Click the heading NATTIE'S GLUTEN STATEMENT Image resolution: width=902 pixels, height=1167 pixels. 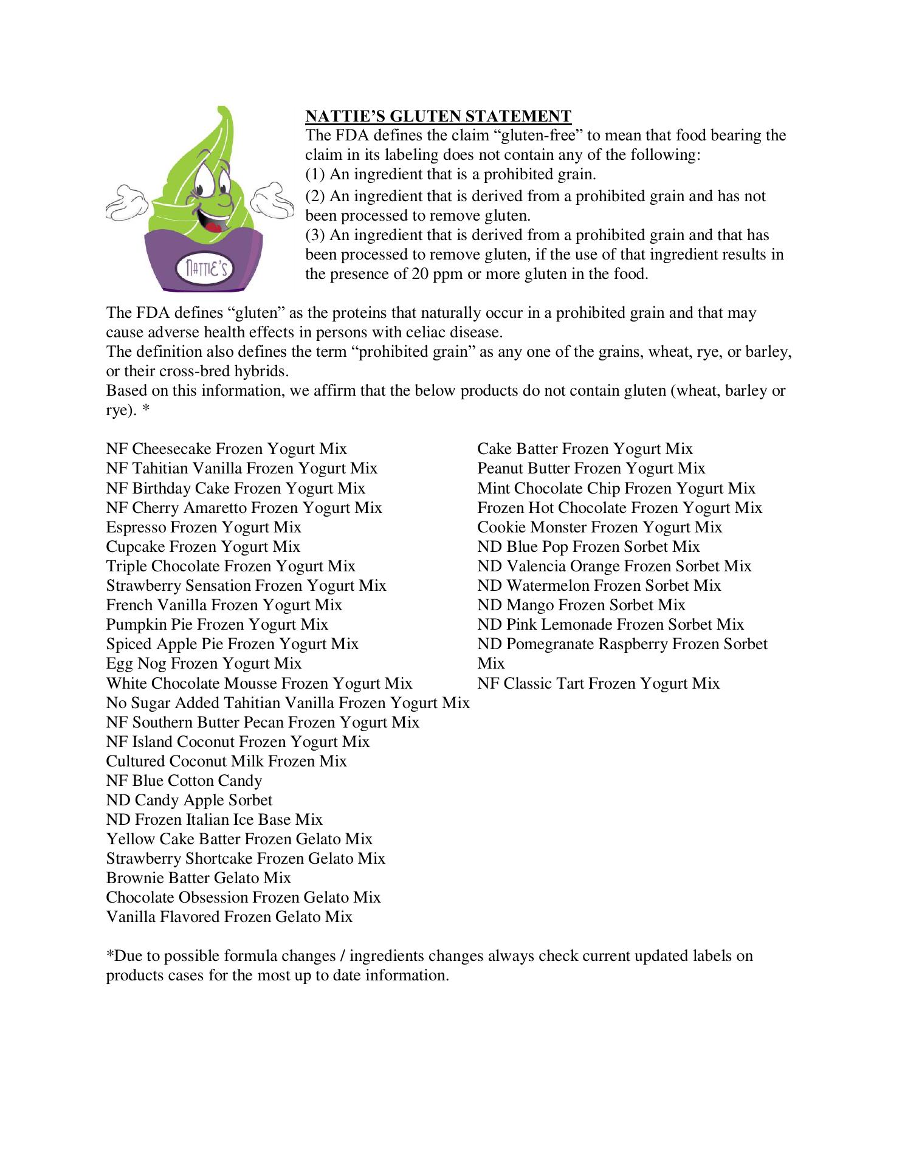tap(438, 116)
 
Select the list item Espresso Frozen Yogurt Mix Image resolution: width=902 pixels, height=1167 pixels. tap(204, 527)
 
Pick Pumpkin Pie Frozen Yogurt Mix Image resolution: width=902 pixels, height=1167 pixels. tap(217, 624)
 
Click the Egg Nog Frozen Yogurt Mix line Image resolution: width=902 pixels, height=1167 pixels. tap(204, 663)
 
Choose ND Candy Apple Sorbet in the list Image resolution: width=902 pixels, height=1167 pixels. tap(189, 800)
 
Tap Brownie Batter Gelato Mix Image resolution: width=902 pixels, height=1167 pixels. tap(198, 878)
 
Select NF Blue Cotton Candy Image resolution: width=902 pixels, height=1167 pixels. tap(184, 780)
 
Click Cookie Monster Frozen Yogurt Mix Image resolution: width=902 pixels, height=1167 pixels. tap(599, 527)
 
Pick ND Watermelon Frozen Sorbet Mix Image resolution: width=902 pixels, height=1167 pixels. tap(599, 585)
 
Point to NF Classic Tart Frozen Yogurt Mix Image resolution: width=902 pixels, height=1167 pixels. tap(598, 683)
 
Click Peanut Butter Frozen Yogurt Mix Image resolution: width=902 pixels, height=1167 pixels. tap(591, 468)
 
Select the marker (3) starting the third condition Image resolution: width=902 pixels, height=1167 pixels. tap(315, 235)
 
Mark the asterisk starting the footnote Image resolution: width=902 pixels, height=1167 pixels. tap(110, 956)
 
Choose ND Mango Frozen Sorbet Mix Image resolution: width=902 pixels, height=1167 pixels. tap(581, 605)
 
